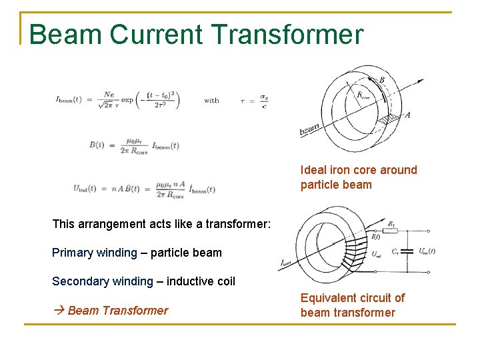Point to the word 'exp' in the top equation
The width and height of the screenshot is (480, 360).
coord(127,101)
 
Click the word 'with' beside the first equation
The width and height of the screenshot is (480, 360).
coord(211,101)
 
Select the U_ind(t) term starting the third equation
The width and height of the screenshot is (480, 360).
coord(88,189)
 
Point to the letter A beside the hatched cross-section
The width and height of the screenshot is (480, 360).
coord(407,115)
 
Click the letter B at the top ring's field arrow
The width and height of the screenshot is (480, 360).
coord(381,80)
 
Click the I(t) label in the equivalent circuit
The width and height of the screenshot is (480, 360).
coord(376,237)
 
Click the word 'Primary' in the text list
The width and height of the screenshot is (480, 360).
coord(71,253)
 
